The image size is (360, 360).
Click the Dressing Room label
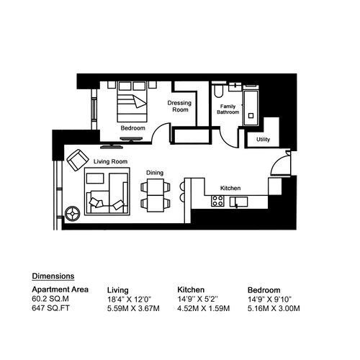pos(179,106)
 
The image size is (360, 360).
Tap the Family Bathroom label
pos(228,109)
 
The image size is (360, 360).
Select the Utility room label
pos(263,140)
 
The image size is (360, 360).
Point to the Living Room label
pos(110,161)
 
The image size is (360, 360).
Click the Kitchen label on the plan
pos(230,188)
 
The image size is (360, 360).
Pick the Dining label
pos(155,173)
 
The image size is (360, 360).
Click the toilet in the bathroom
pos(218,91)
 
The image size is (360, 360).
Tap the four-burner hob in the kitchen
pos(217,201)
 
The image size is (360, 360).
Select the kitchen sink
pos(238,202)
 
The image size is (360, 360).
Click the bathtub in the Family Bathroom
pos(251,108)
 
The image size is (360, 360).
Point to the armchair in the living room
pos(78,160)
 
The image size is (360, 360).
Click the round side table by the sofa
pos(73,213)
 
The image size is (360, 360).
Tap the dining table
pos(156,195)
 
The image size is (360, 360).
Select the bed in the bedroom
pos(132,102)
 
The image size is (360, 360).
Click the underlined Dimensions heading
pos(53,276)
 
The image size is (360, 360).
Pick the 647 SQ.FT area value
pos(50,308)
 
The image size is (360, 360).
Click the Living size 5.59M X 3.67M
pos(133,308)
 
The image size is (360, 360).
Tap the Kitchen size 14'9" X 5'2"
pos(197,300)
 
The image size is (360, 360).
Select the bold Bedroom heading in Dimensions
pos(264,290)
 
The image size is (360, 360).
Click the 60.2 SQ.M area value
pos(50,299)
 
